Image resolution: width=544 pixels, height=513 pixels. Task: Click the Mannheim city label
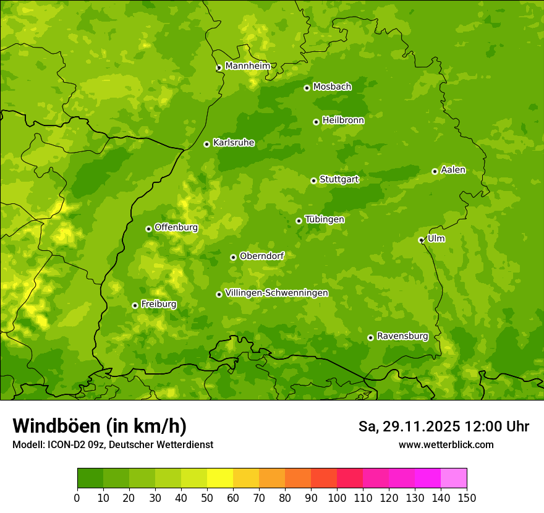pyautogui.click(x=247, y=66)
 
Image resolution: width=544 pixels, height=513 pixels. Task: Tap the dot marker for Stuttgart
pyautogui.click(x=313, y=180)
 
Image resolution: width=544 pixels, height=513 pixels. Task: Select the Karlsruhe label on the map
pyautogui.click(x=233, y=143)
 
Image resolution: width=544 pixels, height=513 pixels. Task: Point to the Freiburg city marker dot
pyautogui.click(x=135, y=305)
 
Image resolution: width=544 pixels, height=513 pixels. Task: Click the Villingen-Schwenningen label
pyautogui.click(x=276, y=293)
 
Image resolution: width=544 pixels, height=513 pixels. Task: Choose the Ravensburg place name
pyautogui.click(x=402, y=336)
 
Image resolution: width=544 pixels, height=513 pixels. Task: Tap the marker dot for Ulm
pyautogui.click(x=421, y=240)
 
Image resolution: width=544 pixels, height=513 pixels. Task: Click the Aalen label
pyautogui.click(x=453, y=170)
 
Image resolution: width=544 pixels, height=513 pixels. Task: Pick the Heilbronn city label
pyautogui.click(x=342, y=121)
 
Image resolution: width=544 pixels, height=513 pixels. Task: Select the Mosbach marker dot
pyautogui.click(x=307, y=88)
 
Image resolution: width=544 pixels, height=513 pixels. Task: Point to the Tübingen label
pyautogui.click(x=324, y=219)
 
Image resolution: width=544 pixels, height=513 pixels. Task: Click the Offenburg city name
pyautogui.click(x=176, y=227)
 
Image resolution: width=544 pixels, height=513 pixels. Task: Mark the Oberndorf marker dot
pyautogui.click(x=233, y=257)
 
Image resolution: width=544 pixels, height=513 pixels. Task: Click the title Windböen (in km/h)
pyautogui.click(x=99, y=426)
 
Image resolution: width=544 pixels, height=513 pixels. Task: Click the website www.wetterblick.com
pyautogui.click(x=446, y=444)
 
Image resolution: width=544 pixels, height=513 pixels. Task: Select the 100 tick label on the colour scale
pyautogui.click(x=337, y=498)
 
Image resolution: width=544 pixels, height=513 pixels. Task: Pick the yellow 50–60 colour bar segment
pyautogui.click(x=220, y=478)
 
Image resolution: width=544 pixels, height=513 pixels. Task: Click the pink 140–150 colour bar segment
pyautogui.click(x=454, y=478)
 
